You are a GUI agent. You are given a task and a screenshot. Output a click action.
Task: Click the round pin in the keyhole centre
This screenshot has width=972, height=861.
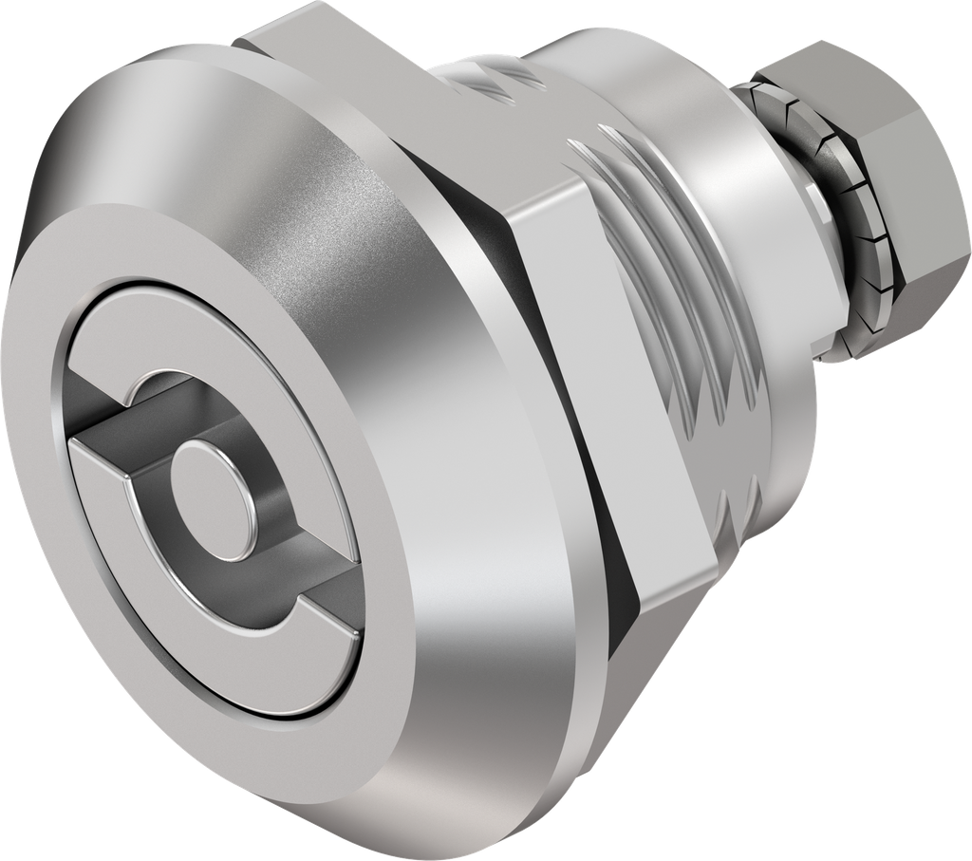[210, 478]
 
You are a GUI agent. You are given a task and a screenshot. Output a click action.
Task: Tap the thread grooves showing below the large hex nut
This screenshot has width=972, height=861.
[740, 513]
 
